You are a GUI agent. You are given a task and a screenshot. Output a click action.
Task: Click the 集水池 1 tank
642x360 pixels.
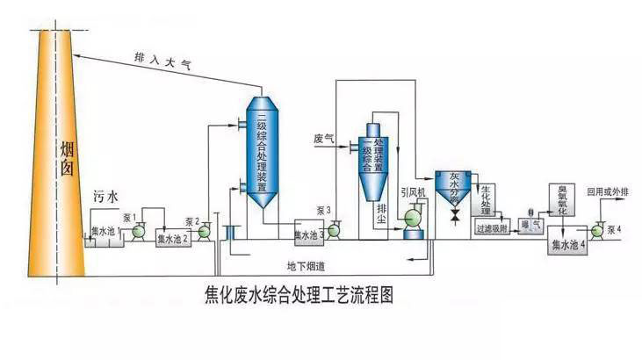pyautogui.click(x=104, y=234)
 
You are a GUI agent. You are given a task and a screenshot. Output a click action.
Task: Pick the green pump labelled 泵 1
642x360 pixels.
pyautogui.click(x=138, y=231)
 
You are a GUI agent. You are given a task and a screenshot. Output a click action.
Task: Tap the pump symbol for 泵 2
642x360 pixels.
pyautogui.click(x=204, y=232)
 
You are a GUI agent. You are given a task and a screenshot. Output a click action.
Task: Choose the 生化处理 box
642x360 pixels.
pyautogui.click(x=489, y=198)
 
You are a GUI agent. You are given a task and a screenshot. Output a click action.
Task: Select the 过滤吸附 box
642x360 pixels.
pyautogui.click(x=492, y=228)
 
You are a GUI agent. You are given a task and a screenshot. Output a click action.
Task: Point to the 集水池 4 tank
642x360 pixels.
pyautogui.click(x=566, y=244)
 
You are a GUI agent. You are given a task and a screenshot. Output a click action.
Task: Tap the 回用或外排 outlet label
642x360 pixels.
pyautogui.click(x=608, y=191)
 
